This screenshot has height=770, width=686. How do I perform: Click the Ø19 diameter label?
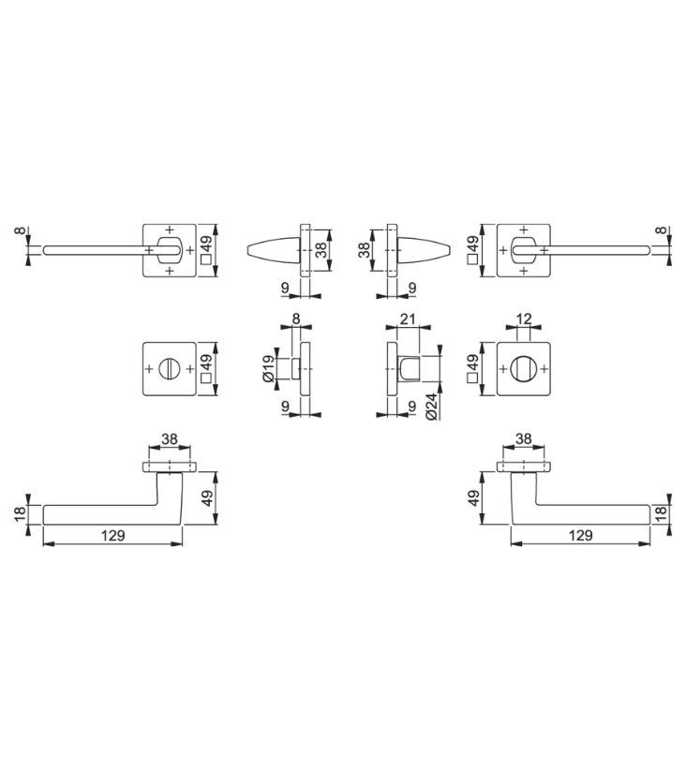269,368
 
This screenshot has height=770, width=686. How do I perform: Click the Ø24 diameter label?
431,407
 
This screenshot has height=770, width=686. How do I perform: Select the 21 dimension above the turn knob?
408,319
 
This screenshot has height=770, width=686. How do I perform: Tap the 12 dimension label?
524,319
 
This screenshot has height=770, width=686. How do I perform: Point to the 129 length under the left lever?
113,535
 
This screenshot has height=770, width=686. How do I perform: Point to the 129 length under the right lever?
580,535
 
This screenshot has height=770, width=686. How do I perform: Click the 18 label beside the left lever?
21,513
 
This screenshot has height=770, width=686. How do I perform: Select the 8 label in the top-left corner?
20,230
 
